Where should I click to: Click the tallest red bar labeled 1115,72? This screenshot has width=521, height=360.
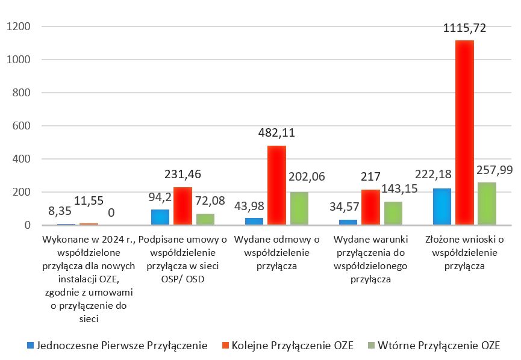464,132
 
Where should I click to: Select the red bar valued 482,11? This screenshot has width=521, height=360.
277,185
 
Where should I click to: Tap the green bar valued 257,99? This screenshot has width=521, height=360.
487,203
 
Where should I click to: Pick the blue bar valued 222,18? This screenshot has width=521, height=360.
442,206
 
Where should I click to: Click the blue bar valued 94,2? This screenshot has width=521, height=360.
160,217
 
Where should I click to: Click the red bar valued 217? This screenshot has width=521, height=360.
370,207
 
